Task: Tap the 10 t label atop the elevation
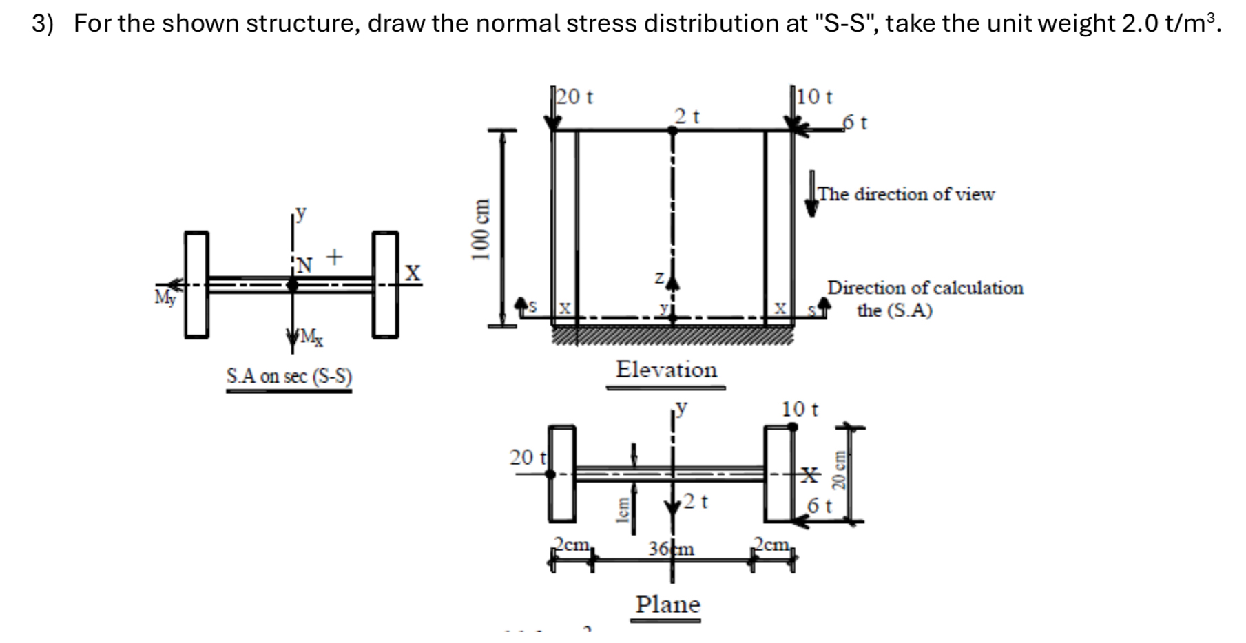pos(816,97)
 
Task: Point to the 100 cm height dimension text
pos(480,229)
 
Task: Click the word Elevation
pos(666,370)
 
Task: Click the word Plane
pos(667,604)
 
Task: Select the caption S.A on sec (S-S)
pos(289,377)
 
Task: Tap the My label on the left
pos(165,298)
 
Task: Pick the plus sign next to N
pos(334,257)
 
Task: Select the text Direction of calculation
pos(925,288)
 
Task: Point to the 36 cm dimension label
pos(672,549)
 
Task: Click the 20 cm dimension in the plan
pos(839,470)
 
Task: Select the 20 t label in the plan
pos(527,457)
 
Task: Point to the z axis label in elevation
pos(659,278)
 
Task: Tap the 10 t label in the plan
pos(800,410)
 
